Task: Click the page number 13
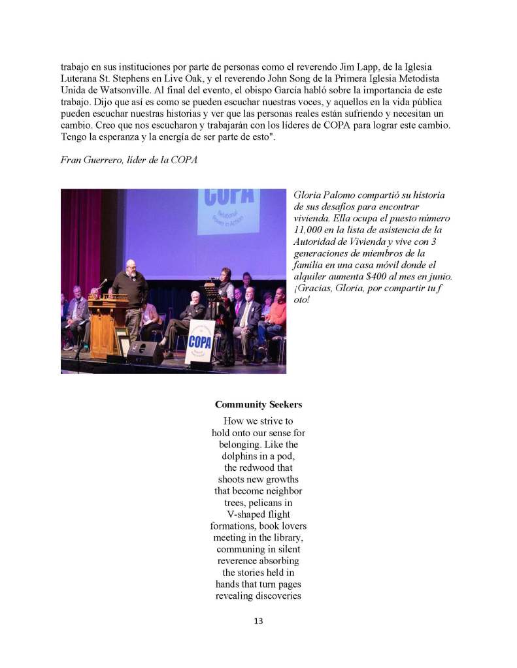click(x=258, y=621)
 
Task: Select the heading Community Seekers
click(x=258, y=405)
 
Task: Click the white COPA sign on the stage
click(x=199, y=341)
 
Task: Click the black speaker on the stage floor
click(x=144, y=353)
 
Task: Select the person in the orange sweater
click(x=277, y=315)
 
